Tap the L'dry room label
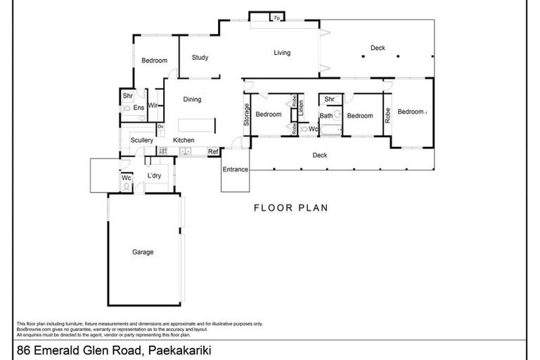point(155,176)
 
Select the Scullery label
point(141,141)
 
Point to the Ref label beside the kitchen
point(212,151)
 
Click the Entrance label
point(236,169)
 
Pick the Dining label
point(192,100)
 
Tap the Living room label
point(282,53)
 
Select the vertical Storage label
point(246,115)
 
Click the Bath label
point(326,115)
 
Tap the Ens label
point(139,108)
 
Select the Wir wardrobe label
point(153,106)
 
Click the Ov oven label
point(160,127)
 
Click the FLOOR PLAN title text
point(290,208)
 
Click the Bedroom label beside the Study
point(154,60)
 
